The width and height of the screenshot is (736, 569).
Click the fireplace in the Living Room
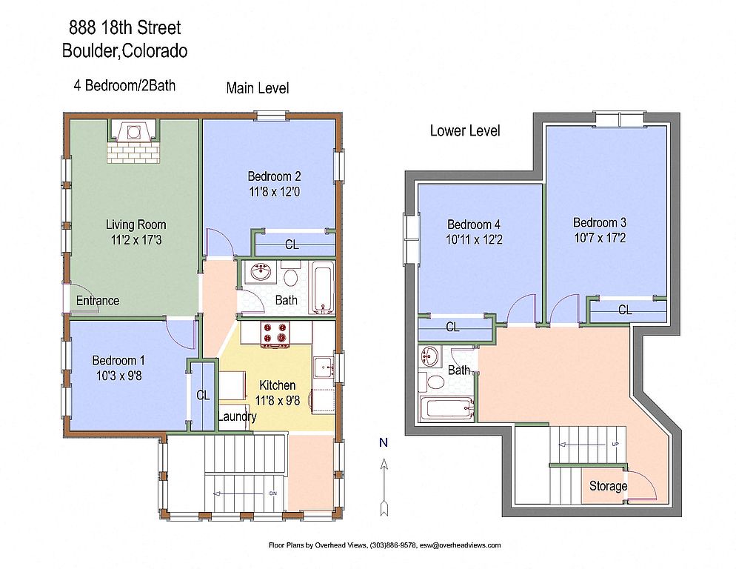point(133,141)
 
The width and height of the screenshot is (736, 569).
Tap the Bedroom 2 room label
point(274,176)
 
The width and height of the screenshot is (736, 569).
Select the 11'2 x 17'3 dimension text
point(136,240)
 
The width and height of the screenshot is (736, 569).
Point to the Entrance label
point(98,301)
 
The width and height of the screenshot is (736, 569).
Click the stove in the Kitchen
point(275,334)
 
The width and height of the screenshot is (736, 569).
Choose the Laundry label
point(237,416)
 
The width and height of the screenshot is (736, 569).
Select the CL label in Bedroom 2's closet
point(292,244)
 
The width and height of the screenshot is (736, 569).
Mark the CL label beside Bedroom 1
point(203,395)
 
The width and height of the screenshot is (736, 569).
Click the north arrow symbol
point(384,488)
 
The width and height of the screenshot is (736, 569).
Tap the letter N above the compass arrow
point(384,442)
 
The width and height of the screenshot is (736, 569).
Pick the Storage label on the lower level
point(609,486)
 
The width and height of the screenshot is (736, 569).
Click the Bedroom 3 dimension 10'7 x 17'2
point(600,238)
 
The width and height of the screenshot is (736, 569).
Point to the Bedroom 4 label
point(474,224)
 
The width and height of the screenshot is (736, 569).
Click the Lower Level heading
point(465,130)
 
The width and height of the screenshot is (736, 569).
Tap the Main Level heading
point(258,88)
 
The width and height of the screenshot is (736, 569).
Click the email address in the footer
point(460,545)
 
